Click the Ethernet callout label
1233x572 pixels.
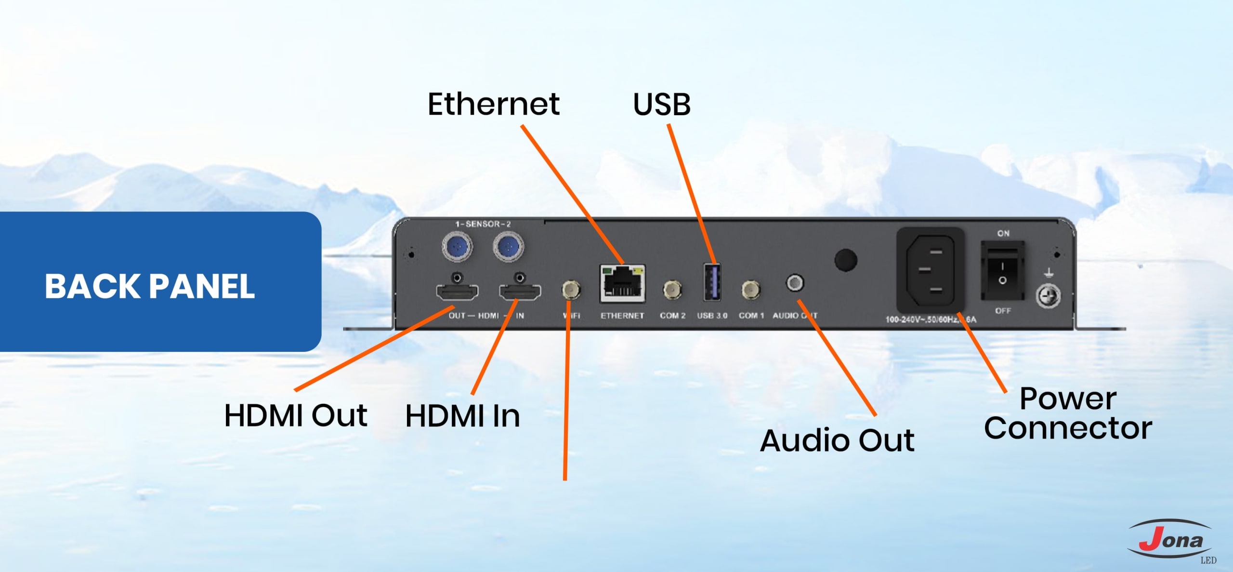[494, 104]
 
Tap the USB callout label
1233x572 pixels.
[662, 104]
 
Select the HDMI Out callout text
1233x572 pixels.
[296, 415]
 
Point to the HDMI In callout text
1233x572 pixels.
[462, 416]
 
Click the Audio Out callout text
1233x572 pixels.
[837, 440]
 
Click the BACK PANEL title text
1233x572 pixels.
[150, 287]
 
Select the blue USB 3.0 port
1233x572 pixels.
[712, 282]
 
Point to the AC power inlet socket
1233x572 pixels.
[930, 271]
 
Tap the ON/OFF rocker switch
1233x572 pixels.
[1003, 272]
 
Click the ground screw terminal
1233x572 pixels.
[1048, 295]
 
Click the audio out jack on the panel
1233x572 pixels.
[795, 282]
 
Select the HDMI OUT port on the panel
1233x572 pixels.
[457, 292]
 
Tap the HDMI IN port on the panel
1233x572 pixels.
[520, 292]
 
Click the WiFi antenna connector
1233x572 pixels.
[571, 290]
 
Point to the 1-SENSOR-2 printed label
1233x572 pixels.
[483, 224]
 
